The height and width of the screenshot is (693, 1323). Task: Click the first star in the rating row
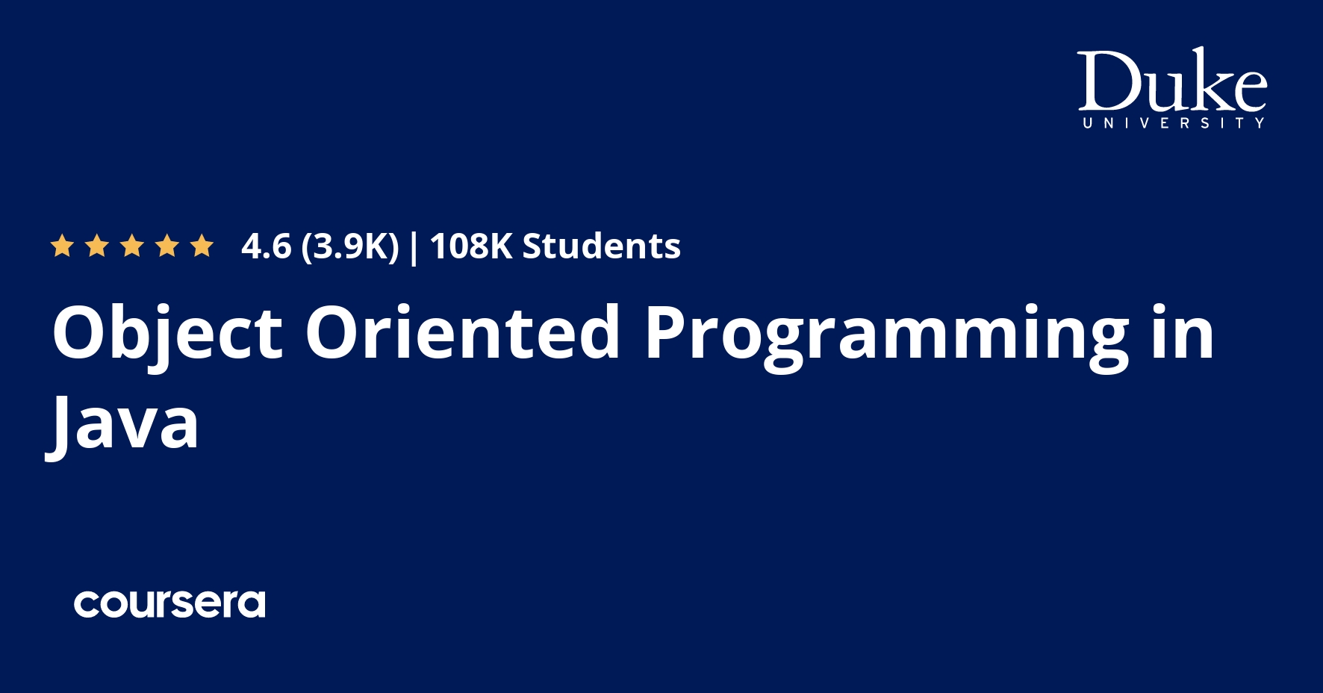pos(61,246)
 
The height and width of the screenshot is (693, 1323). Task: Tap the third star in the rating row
pos(132,246)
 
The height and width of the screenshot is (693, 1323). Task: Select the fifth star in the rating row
pos(202,246)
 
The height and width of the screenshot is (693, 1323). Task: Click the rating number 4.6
pos(266,246)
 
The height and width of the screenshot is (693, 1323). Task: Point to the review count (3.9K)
pos(349,246)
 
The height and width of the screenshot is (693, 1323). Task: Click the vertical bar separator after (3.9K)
pos(414,247)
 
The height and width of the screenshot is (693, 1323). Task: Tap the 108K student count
pos(470,246)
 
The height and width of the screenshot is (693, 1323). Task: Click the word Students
pos(601,246)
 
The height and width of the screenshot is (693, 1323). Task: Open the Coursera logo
pos(169,604)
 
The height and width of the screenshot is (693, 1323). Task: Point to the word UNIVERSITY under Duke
pos(1173,122)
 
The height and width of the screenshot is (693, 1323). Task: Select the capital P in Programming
pos(667,333)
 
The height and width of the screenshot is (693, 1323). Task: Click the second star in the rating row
pos(97,246)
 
